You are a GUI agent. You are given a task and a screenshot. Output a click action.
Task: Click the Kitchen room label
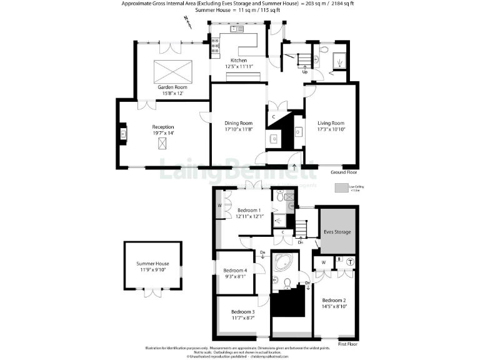237,60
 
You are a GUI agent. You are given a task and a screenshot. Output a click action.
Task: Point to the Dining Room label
238,123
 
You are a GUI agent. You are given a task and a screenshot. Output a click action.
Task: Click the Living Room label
331,123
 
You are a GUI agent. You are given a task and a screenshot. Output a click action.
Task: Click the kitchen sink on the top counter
237,29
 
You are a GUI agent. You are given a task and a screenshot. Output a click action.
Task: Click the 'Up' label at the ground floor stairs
305,72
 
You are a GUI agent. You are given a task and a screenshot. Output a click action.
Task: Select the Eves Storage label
337,232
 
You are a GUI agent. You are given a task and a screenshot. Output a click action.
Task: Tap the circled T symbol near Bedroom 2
350,261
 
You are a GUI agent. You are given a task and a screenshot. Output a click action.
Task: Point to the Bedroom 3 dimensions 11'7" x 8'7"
242,318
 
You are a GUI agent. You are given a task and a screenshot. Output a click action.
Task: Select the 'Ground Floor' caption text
343,171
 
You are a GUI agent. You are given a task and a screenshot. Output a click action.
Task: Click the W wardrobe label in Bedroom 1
220,205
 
